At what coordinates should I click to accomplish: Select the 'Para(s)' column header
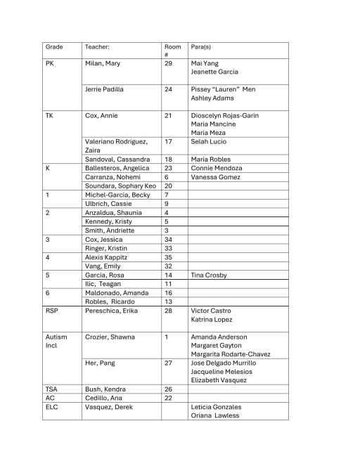point(201,47)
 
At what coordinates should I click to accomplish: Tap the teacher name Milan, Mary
point(103,63)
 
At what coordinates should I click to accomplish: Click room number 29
point(168,63)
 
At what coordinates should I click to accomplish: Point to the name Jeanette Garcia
point(214,72)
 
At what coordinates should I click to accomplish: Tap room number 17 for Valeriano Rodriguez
point(168,141)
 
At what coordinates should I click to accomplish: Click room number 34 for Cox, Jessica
point(168,239)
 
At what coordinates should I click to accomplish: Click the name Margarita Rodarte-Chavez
point(231,354)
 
